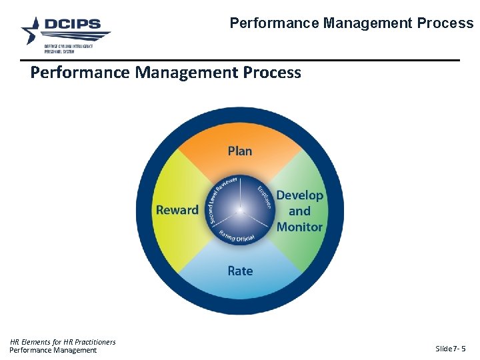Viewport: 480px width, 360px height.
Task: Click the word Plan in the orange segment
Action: [240, 151]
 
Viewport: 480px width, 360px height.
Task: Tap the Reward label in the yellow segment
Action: [177, 210]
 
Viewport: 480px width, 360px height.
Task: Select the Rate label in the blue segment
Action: [240, 271]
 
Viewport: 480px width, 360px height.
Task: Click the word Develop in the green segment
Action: [299, 195]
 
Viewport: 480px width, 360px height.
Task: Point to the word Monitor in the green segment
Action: [299, 227]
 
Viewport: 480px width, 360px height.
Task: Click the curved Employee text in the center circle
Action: [265, 197]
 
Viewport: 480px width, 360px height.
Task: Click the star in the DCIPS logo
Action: [32, 30]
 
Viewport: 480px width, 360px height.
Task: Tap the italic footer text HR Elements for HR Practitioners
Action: [63, 342]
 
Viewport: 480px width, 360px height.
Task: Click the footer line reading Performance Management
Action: [53, 350]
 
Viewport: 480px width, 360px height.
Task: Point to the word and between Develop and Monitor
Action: [299, 211]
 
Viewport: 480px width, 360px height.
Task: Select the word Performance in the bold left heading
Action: [80, 72]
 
